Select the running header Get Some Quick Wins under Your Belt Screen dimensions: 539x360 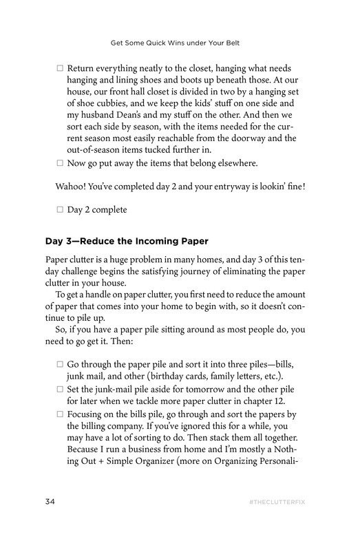coord(180,42)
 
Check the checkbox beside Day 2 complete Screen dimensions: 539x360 coord(60,209)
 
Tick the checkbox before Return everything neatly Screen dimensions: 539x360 coord(60,70)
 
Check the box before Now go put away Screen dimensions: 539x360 coord(60,163)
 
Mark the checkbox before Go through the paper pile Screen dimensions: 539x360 coord(60,363)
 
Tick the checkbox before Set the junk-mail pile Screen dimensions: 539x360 coord(60,389)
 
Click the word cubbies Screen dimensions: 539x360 coord(107,101)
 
